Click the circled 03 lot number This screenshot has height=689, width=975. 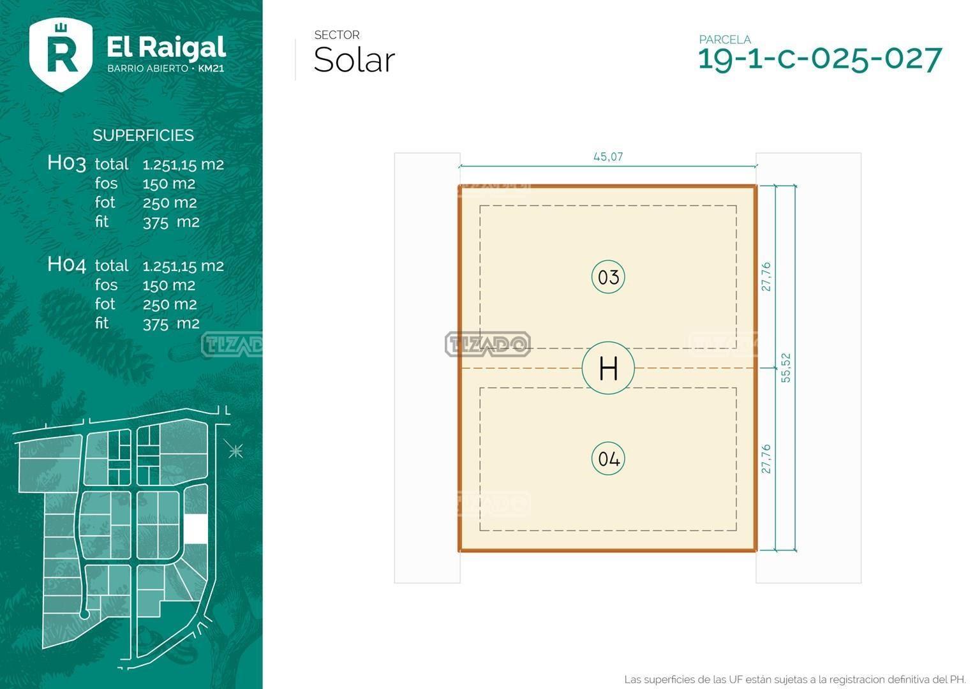(x=608, y=277)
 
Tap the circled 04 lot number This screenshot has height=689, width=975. (x=608, y=458)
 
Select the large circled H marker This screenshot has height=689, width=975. (x=608, y=368)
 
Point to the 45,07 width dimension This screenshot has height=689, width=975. (x=608, y=157)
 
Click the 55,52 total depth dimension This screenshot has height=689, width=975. (x=785, y=368)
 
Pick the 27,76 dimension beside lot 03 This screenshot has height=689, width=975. (x=766, y=277)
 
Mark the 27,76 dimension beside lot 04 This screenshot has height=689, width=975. (x=766, y=459)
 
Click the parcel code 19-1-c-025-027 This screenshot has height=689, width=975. (x=820, y=59)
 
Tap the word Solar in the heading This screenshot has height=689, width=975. (x=354, y=60)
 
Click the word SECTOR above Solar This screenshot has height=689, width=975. (x=337, y=35)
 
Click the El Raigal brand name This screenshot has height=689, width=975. (x=167, y=47)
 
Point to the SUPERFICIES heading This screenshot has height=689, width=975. (x=143, y=135)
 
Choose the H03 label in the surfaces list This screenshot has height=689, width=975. (x=66, y=163)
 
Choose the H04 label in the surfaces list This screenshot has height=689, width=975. (x=66, y=265)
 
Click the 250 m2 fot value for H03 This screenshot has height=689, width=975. (x=170, y=203)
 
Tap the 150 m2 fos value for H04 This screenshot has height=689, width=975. (x=169, y=286)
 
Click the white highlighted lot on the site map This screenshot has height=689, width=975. (x=196, y=529)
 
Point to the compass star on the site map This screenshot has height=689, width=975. (x=235, y=450)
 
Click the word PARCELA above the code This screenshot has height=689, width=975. (x=725, y=40)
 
